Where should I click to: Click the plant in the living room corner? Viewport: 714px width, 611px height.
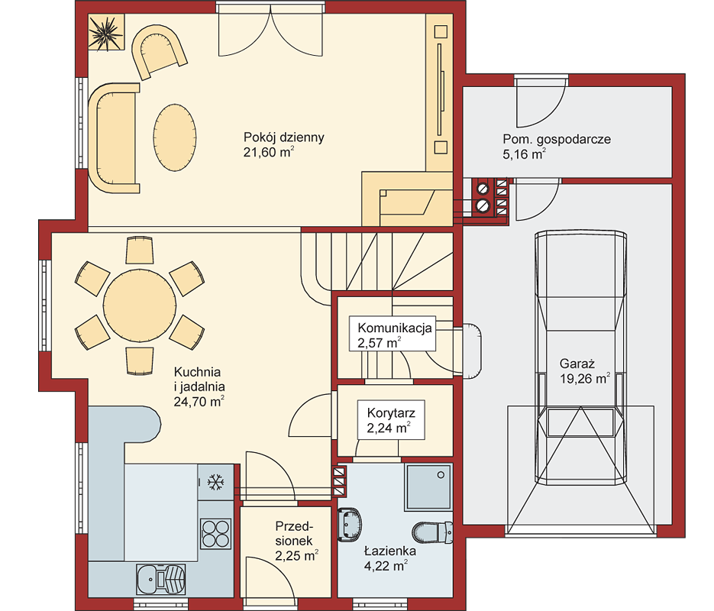point(105,33)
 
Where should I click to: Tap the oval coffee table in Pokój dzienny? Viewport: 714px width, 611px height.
point(175,137)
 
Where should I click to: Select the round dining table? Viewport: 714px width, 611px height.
point(139,305)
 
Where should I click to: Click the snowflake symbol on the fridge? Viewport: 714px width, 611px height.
point(215,482)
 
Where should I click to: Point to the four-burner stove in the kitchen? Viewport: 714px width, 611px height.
point(216,533)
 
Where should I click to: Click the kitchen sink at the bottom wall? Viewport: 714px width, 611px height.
point(161,579)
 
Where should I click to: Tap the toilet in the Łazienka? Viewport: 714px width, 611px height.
point(432,532)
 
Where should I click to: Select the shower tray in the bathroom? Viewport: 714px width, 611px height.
point(428,487)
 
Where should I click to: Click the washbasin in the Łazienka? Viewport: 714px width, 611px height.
point(350,525)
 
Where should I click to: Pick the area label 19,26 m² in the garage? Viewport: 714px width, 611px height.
point(585,378)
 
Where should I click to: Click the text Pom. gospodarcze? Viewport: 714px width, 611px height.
point(557,139)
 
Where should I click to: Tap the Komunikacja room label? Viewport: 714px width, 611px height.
point(394,328)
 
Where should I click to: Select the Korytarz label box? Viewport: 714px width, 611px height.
point(391,420)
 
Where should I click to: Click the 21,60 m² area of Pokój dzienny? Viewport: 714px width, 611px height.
point(269,152)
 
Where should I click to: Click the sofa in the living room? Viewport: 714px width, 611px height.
point(114,138)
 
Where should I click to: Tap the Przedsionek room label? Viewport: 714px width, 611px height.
point(294,533)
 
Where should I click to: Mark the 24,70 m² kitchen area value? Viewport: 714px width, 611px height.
point(199,401)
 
